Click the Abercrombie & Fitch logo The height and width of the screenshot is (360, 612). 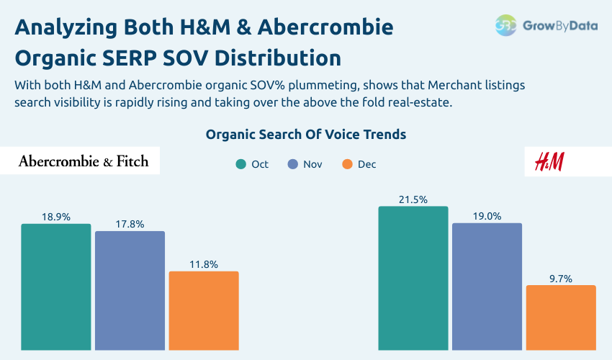(x=84, y=161)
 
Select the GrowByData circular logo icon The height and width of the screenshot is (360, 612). (x=506, y=25)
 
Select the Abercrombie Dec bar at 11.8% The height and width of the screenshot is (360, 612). (x=204, y=310)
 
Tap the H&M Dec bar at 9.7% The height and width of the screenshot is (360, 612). (x=561, y=318)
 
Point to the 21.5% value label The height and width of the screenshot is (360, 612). (x=413, y=199)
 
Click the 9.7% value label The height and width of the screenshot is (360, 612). (x=561, y=278)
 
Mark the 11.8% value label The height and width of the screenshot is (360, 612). (x=204, y=264)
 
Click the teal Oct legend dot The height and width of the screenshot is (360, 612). (x=241, y=164)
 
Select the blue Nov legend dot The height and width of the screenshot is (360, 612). (x=293, y=164)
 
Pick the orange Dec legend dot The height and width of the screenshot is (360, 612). (x=348, y=164)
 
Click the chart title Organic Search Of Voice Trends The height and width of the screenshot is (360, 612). (x=306, y=135)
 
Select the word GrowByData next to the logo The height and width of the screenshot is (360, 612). (x=560, y=25)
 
